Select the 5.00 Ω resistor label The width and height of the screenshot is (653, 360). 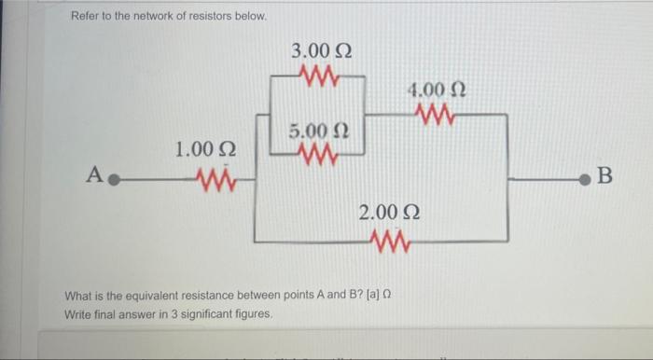(x=316, y=130)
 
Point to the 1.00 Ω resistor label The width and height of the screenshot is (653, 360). (x=205, y=149)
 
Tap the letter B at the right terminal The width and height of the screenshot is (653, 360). (x=604, y=174)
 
